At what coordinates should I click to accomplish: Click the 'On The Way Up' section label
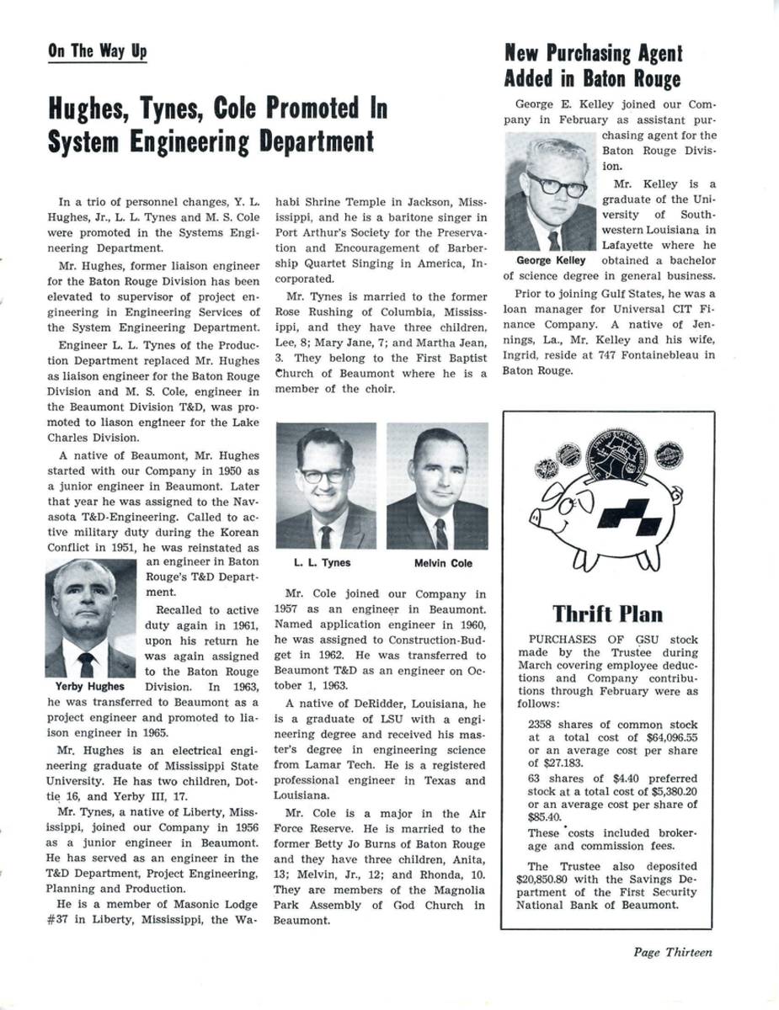(97, 51)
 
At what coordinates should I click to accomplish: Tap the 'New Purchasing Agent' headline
(593, 54)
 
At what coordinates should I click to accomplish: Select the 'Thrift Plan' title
(607, 614)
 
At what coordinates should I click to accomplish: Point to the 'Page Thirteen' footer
(673, 953)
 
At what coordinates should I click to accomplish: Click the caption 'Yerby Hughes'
(84, 686)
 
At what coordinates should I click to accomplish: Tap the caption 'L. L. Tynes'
(322, 563)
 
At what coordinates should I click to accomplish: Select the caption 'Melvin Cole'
(443, 563)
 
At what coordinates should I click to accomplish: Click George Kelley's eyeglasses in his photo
(557, 184)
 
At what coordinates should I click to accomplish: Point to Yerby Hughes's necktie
(86, 664)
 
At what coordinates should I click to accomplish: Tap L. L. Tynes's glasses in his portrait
(324, 474)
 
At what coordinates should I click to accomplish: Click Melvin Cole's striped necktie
(440, 534)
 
